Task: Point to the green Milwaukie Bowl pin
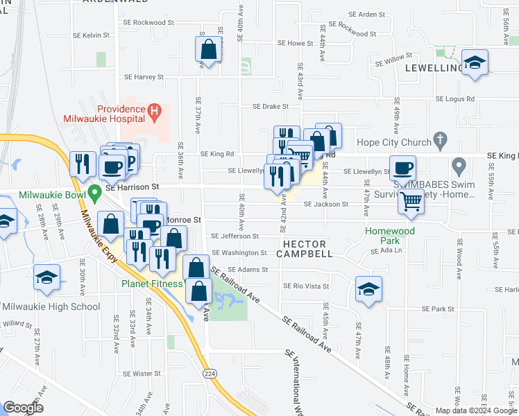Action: click(96, 189)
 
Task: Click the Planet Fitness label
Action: click(153, 283)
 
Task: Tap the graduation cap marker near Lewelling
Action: click(475, 64)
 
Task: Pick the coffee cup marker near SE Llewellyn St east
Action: click(402, 168)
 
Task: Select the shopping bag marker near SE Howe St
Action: click(208, 50)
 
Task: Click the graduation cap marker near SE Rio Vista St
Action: click(368, 290)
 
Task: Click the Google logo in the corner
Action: click(24, 408)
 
